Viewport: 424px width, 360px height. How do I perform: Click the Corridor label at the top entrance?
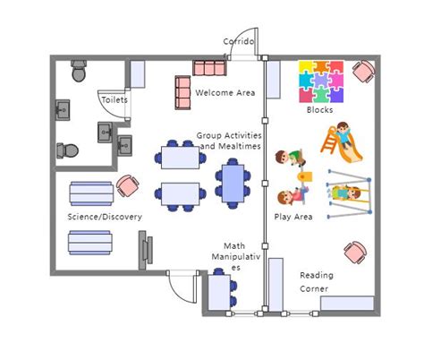[239, 42]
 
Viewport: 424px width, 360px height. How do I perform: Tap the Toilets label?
[114, 100]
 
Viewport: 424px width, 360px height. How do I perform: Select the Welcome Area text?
[225, 93]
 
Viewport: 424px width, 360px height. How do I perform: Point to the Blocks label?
[319, 110]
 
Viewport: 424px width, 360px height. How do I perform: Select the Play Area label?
[293, 217]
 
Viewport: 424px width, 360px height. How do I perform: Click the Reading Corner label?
[315, 282]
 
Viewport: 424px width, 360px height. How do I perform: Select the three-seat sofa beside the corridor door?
[210, 68]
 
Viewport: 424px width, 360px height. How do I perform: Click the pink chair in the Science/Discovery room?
[128, 186]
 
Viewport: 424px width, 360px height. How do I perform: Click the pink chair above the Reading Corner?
[355, 252]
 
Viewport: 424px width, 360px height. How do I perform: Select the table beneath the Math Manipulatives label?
[221, 292]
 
